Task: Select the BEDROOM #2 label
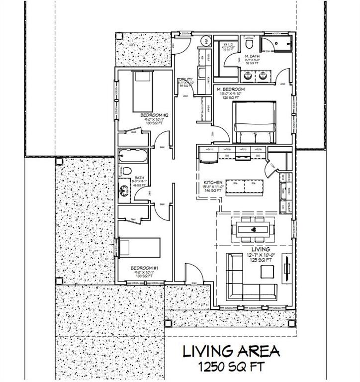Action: pyautogui.click(x=154, y=115)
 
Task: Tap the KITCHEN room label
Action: pyautogui.click(x=212, y=183)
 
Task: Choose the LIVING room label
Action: pyautogui.click(x=261, y=249)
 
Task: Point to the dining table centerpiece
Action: pyautogui.click(x=254, y=229)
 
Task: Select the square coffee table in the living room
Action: pyautogui.click(x=267, y=272)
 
